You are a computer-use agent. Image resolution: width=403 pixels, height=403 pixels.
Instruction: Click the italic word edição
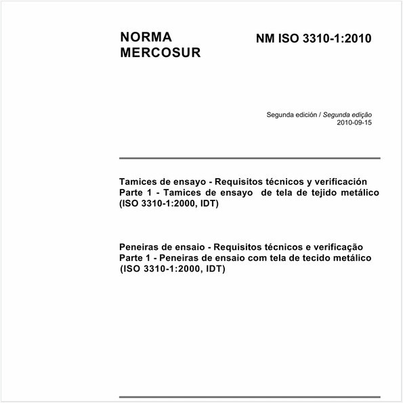[359, 116]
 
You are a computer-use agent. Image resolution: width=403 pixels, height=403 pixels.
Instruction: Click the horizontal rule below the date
[249, 158]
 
